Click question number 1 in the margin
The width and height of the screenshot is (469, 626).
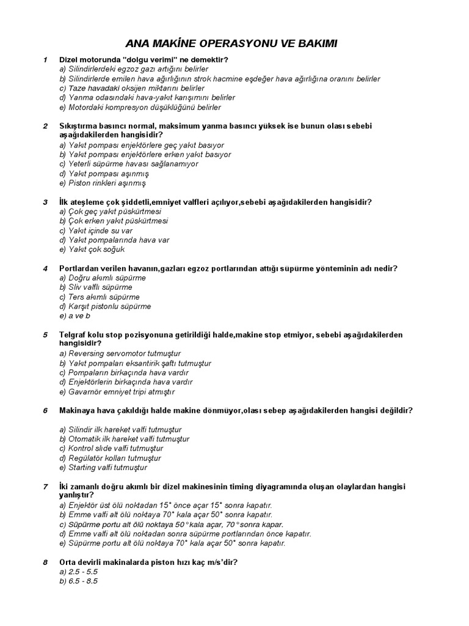[x=45, y=60]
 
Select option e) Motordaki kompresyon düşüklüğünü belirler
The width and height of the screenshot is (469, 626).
[x=140, y=107]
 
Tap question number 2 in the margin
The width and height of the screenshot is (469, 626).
[x=45, y=127]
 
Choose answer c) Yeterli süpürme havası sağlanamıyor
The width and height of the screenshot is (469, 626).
[x=129, y=164]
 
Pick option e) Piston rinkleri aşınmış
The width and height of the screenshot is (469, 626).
[x=103, y=183]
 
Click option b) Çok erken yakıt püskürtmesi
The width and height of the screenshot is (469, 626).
[x=114, y=221]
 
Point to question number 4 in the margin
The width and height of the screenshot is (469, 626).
[x=45, y=268]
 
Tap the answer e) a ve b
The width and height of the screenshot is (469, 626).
[x=75, y=316]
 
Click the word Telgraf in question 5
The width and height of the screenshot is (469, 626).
[x=73, y=335]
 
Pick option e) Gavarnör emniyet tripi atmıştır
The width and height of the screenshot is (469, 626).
[x=117, y=392]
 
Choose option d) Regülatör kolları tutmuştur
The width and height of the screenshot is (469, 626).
[x=110, y=458]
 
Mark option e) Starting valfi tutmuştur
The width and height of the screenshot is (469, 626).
[x=103, y=468]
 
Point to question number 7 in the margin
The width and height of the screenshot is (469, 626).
[x=45, y=487]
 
